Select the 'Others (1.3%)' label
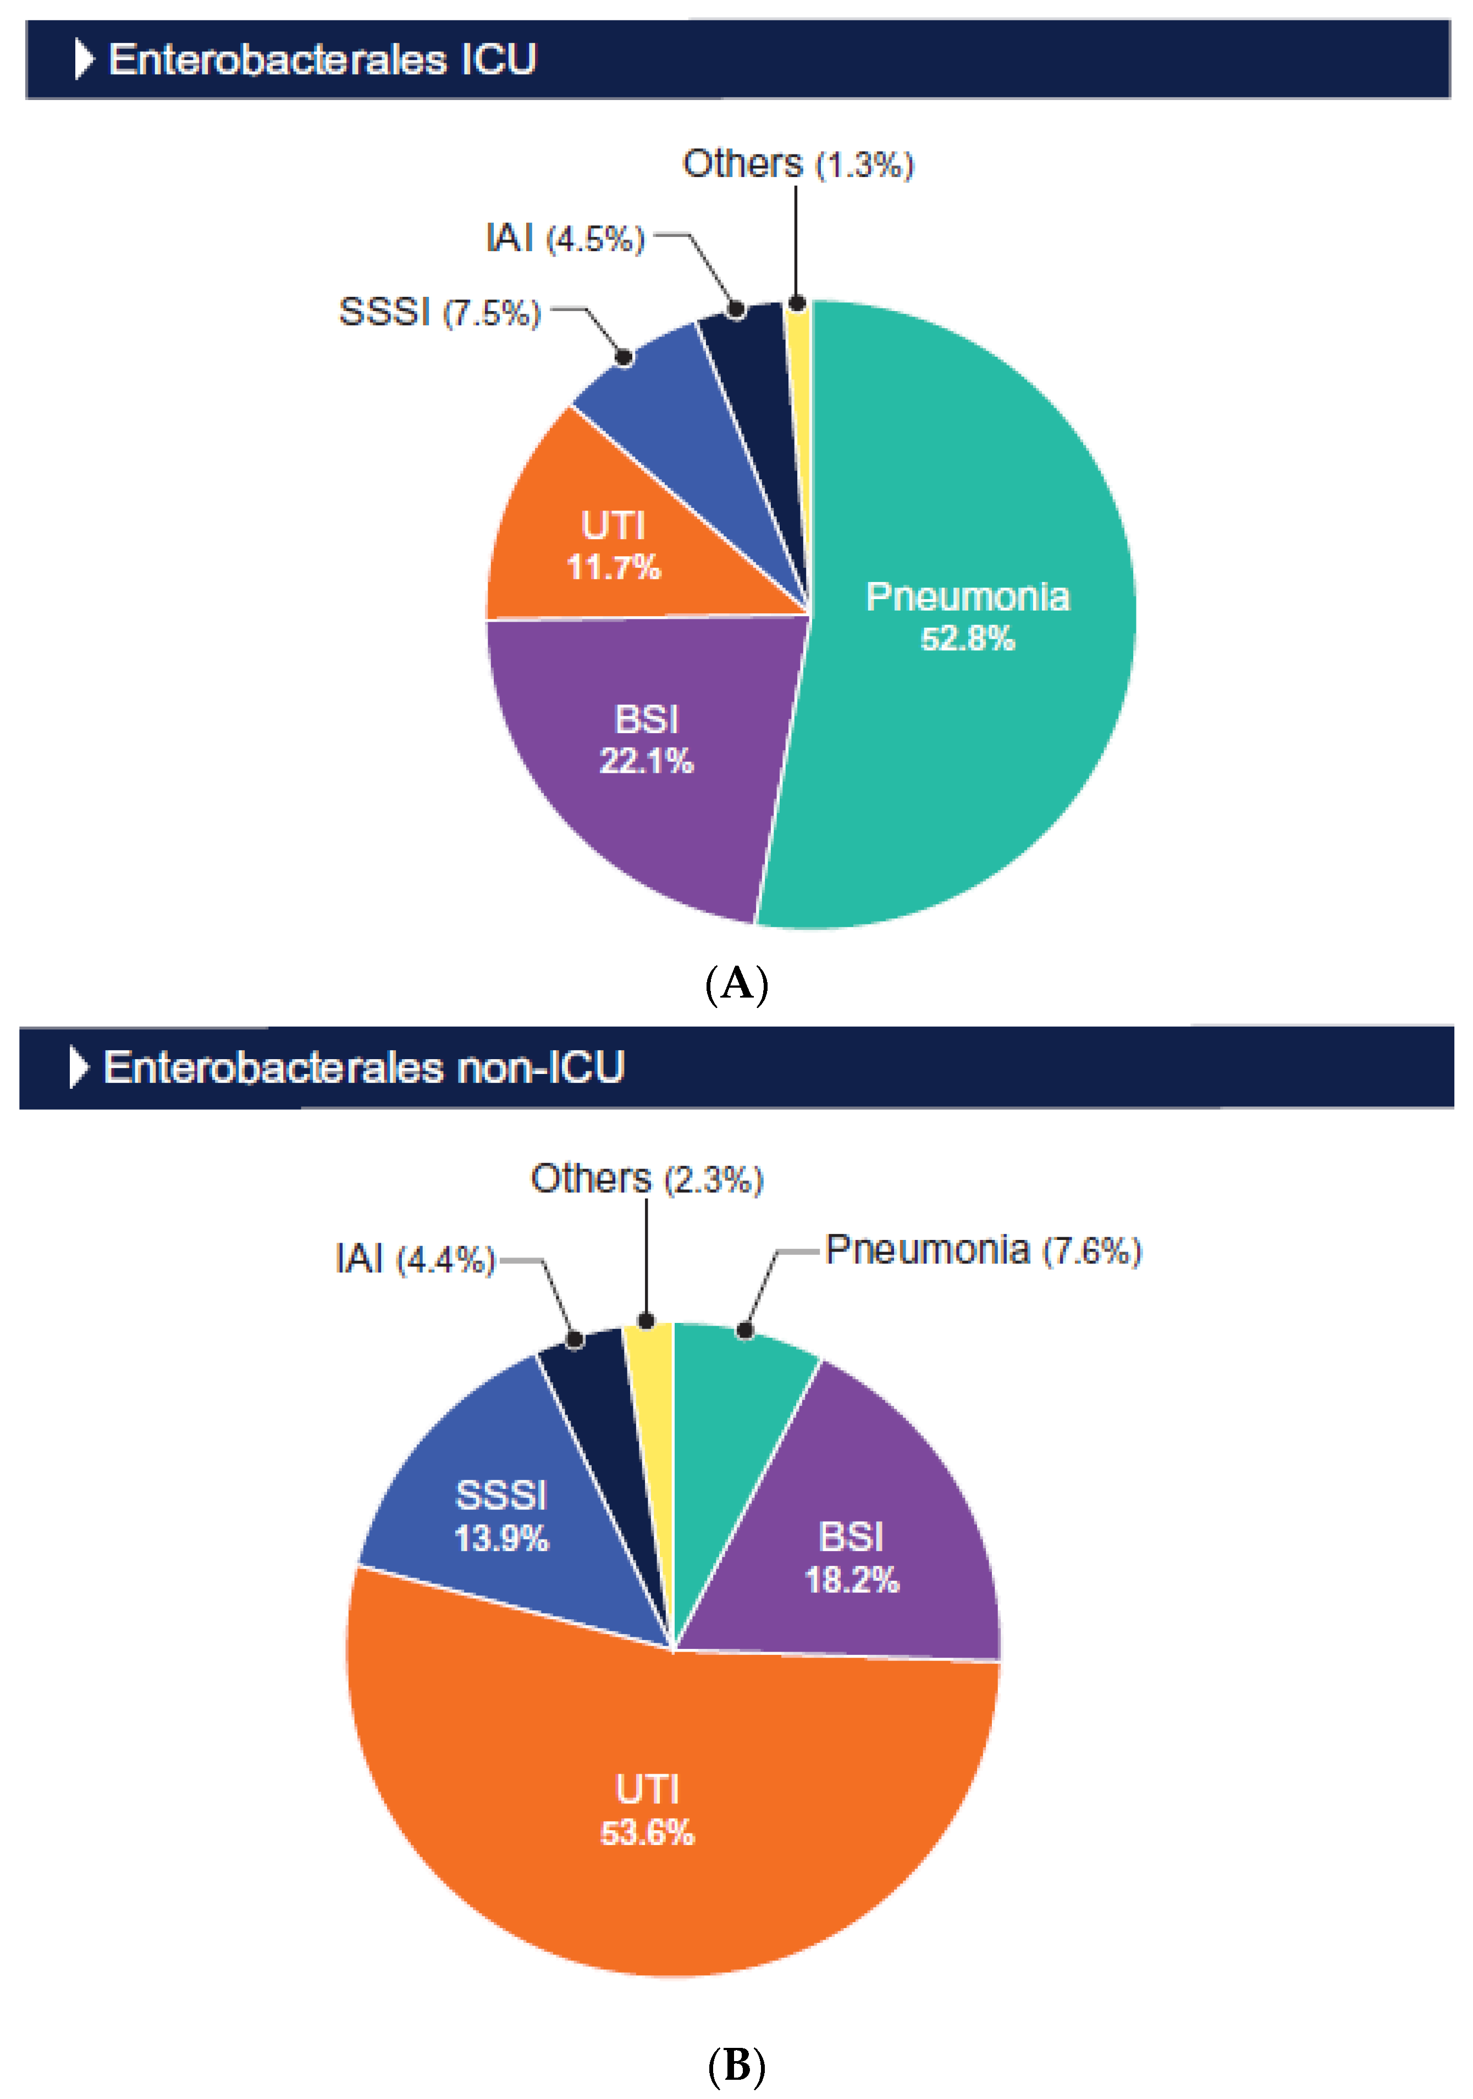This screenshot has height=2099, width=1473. pyautogui.click(x=797, y=164)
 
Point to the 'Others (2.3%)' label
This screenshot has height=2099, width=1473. pyautogui.click(x=647, y=1179)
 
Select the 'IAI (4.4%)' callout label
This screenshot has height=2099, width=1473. pyautogui.click(x=414, y=1260)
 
